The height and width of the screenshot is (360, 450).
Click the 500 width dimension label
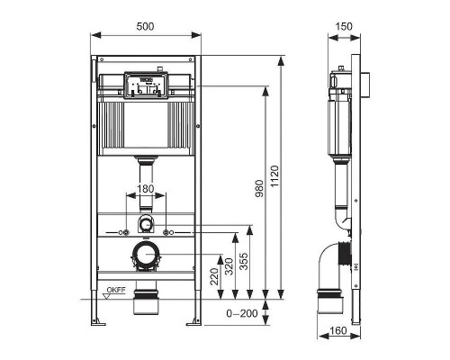click(146, 27)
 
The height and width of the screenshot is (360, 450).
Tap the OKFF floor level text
click(115, 290)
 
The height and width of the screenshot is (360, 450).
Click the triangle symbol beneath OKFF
click(109, 298)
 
